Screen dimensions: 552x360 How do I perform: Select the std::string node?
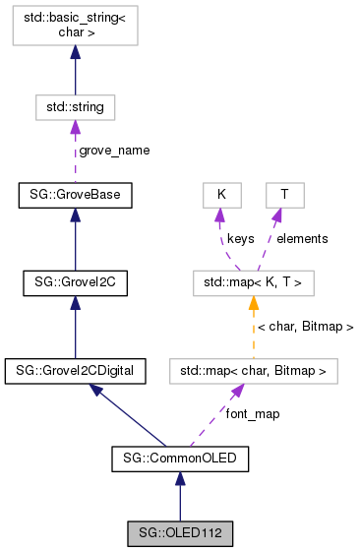tap(76, 105)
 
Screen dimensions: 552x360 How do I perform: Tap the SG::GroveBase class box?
tap(76, 195)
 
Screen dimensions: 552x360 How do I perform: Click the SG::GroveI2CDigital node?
tap(76, 371)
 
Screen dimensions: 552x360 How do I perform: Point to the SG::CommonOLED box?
tap(179, 458)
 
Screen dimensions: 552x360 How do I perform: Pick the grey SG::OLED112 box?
tap(179, 534)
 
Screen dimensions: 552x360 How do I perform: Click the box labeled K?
tap(222, 195)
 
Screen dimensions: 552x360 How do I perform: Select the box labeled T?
tap(284, 195)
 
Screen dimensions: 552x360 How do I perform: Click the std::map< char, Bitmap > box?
tap(253, 371)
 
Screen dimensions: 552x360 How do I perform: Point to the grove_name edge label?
tap(114, 151)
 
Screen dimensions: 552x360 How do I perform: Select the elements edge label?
tap(302, 238)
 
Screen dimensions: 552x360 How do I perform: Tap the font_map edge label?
tap(253, 414)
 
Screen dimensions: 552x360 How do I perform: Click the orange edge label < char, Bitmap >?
tap(305, 326)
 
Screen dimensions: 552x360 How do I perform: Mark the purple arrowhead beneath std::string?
tap(76, 127)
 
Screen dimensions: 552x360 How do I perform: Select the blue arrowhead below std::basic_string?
tap(76, 56)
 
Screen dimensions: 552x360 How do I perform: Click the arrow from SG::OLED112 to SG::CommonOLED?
tap(179, 496)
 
